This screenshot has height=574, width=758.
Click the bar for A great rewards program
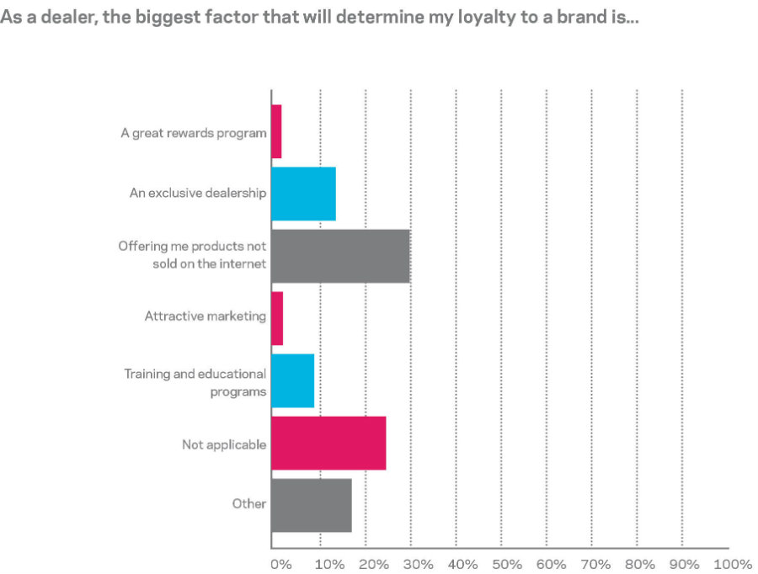276,132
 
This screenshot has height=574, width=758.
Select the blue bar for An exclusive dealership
303,194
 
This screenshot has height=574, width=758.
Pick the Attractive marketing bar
277,318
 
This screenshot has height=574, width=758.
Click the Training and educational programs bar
292,380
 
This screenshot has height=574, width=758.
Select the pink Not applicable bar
328,443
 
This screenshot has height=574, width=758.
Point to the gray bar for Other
311,505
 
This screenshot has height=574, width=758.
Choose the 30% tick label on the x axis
419,563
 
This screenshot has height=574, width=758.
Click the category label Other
249,504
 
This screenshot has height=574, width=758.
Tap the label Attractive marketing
206,316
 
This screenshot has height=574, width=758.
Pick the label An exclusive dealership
198,194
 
